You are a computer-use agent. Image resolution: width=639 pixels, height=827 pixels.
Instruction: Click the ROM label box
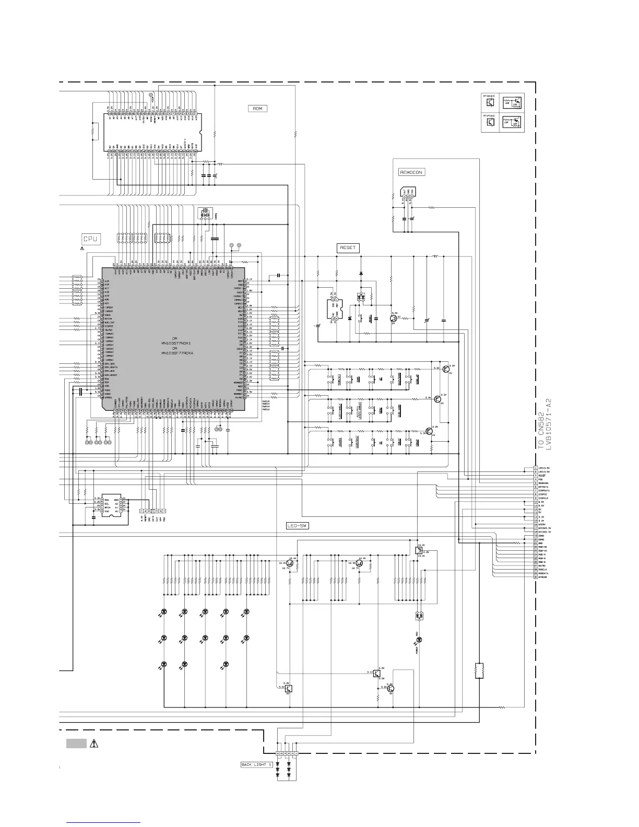pos(258,109)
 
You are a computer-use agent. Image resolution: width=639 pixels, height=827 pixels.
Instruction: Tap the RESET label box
pos(348,248)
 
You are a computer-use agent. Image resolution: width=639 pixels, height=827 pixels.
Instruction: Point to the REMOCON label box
pos(411,172)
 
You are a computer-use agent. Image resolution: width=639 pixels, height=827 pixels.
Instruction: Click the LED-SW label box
pos(298,526)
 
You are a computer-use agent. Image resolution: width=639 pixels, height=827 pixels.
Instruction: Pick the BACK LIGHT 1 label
pos(256,765)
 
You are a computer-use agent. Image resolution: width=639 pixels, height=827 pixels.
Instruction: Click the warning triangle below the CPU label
pos(82,249)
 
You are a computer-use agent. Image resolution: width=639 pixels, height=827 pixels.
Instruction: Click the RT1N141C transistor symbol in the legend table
pos(490,102)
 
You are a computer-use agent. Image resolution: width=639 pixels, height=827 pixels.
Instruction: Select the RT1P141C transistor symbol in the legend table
pos(490,123)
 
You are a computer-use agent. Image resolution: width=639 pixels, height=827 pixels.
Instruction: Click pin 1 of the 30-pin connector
pos(536,468)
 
